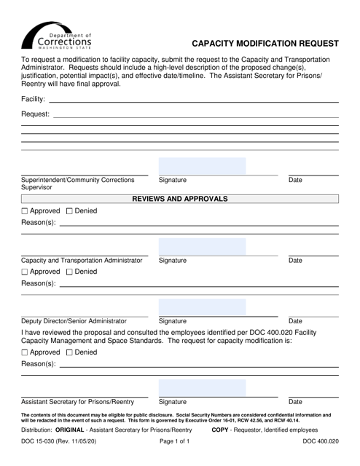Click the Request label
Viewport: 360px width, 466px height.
click(x=35, y=114)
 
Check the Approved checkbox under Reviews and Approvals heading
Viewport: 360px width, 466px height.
click(x=25, y=211)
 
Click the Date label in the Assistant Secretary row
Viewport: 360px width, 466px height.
click(x=295, y=401)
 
